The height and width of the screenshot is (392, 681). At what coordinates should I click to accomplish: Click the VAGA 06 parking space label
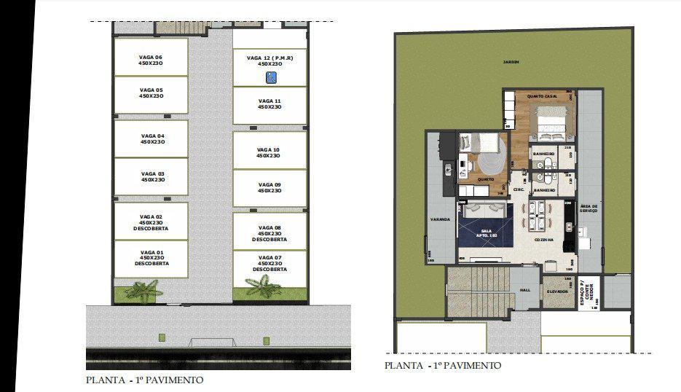(151, 60)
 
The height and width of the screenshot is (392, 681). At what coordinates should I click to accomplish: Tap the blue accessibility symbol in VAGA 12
(269, 77)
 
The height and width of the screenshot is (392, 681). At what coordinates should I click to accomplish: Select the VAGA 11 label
(269, 103)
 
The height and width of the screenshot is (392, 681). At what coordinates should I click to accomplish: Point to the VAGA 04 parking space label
(152, 138)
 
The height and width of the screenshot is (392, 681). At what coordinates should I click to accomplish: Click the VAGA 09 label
(269, 187)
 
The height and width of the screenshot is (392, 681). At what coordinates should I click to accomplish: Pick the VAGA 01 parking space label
(151, 257)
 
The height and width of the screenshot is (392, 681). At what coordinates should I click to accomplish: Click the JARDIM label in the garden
(511, 63)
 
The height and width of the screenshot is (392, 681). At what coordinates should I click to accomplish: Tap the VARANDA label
(439, 219)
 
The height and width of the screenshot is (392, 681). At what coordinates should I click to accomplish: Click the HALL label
(524, 290)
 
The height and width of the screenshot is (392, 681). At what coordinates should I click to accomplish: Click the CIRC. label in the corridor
(519, 189)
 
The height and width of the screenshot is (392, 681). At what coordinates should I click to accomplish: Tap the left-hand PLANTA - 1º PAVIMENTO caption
(144, 380)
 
